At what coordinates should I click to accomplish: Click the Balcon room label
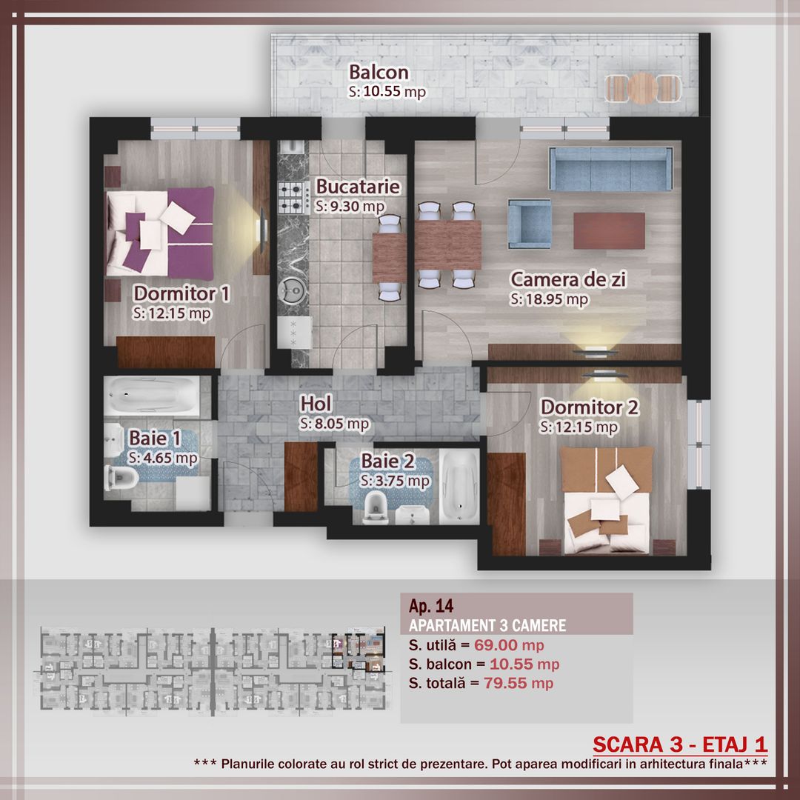pos(379,73)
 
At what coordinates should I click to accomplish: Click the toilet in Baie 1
pos(121,479)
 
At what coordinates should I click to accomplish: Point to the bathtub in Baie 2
pos(461,485)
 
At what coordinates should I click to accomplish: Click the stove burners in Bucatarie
pos(293,197)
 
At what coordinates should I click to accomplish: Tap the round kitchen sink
pos(293,293)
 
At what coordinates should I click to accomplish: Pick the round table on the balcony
pos(641,87)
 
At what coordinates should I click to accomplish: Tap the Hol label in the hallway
pos(316,404)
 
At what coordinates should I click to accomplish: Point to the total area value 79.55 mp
pos(518,683)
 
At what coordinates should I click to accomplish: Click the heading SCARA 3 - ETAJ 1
pos(679,744)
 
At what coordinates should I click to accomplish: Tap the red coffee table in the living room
pos(609,230)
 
